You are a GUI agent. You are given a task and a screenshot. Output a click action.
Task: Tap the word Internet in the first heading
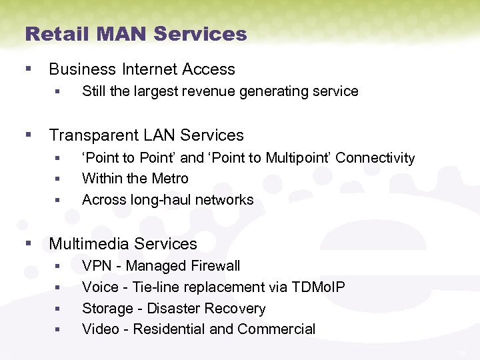click(151, 69)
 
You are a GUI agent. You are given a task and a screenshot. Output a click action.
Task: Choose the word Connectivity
click(375, 158)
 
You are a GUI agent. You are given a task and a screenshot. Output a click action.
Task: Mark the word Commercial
click(276, 329)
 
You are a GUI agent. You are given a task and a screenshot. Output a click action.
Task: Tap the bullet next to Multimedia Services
click(28, 244)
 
